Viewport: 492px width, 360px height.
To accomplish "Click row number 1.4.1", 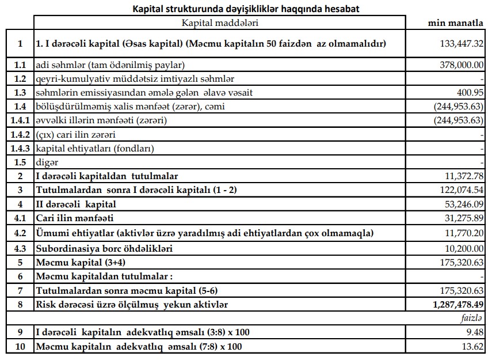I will click(x=20, y=121).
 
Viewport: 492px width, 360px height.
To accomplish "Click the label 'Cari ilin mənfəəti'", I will click(x=75, y=218).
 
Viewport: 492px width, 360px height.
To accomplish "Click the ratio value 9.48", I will click(x=475, y=332).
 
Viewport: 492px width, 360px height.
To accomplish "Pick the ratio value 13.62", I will click(x=473, y=347).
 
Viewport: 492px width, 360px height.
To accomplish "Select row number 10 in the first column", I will click(x=20, y=347).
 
